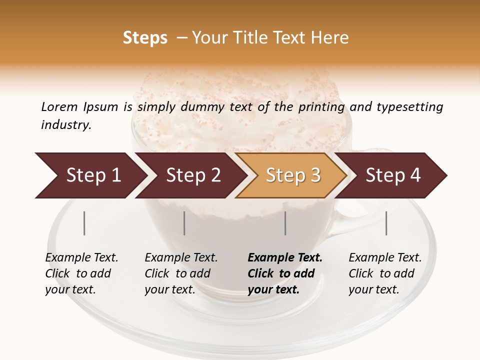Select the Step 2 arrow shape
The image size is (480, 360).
190,175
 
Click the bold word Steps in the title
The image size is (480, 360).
145,38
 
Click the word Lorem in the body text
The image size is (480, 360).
59,106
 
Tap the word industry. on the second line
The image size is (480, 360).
66,124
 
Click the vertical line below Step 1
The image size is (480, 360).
84,223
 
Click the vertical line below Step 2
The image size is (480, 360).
184,223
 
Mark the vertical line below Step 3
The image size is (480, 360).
285,223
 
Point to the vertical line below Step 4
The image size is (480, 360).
386,223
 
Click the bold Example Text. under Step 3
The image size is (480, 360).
285,258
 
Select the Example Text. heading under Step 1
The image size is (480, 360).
81,258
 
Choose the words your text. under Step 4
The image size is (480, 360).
373,289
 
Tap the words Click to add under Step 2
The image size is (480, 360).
177,274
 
